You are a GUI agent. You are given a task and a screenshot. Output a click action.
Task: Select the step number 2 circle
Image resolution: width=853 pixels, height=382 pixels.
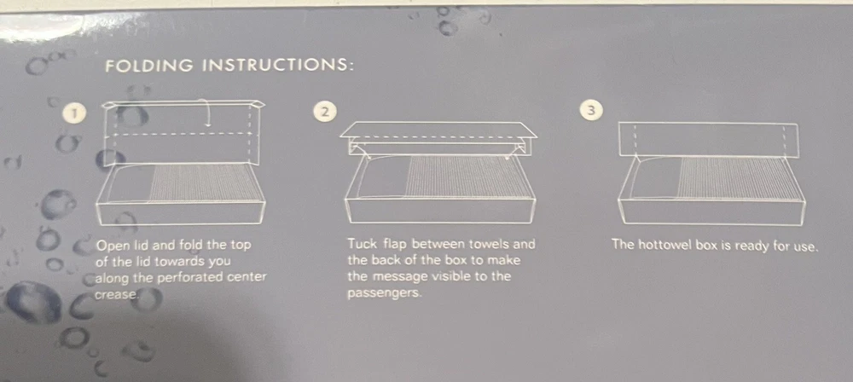pyautogui.click(x=325, y=112)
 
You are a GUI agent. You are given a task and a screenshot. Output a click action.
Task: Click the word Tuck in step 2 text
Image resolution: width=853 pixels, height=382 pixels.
pyautogui.click(x=361, y=244)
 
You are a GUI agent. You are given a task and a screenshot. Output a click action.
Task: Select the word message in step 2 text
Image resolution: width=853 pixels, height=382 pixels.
pyautogui.click(x=403, y=276)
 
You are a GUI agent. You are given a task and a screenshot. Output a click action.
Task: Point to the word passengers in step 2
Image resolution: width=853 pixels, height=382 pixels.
pyautogui.click(x=384, y=294)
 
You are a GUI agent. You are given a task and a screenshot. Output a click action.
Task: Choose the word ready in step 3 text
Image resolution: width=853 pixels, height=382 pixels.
pyautogui.click(x=751, y=246)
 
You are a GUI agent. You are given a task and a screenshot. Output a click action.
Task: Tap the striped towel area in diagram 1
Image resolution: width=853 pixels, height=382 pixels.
pyautogui.click(x=202, y=182)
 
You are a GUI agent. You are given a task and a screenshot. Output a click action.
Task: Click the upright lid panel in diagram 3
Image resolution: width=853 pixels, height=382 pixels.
pyautogui.click(x=708, y=140)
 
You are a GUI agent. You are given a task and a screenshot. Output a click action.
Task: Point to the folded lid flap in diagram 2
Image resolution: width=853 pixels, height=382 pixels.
pyautogui.click(x=438, y=130)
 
